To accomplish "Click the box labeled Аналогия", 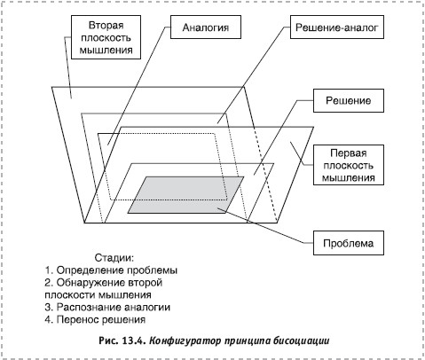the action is pos(206,27).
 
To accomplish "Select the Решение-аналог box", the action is pos(337,27).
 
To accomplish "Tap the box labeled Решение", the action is pos(349,100).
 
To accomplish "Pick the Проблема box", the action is pos(349,243).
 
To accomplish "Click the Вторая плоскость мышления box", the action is pos(106,37).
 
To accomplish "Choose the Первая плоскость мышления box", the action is pos(349,165).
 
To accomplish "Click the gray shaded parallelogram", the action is pos(185,195).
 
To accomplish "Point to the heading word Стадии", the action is pos(114,258).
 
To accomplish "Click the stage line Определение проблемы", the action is pos(111,270).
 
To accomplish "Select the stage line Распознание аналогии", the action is pos(107,307).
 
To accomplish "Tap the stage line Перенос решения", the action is pos(95,319).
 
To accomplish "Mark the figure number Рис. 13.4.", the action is pos(122,340).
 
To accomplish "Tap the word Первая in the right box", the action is pos(349,153).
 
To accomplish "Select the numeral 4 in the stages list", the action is pos(48,319).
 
